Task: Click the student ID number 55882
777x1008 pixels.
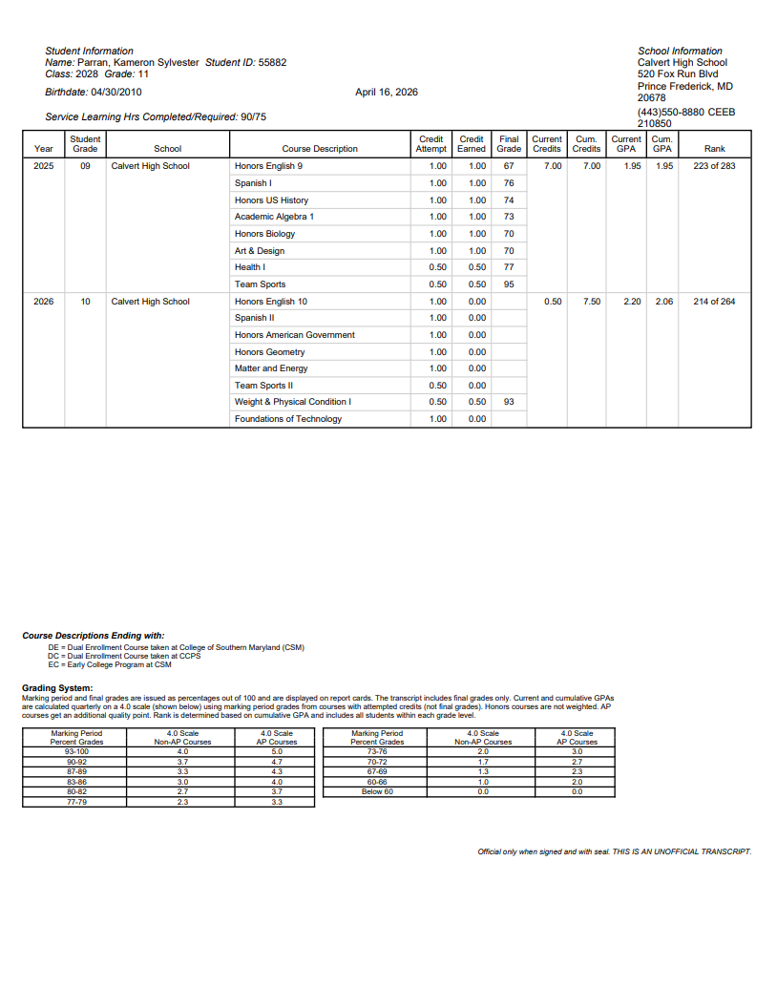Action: click(x=272, y=62)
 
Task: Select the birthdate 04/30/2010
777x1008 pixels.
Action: click(x=115, y=93)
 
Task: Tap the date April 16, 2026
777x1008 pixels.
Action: click(x=386, y=93)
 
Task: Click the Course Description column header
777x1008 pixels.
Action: click(x=320, y=149)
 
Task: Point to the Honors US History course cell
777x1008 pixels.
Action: click(x=271, y=200)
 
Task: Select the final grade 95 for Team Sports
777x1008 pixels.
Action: click(x=509, y=284)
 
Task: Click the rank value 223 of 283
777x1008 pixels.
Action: click(x=714, y=166)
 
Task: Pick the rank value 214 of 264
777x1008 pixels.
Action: click(x=714, y=302)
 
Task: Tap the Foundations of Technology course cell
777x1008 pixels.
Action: click(x=288, y=419)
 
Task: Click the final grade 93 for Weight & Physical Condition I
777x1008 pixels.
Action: click(x=509, y=402)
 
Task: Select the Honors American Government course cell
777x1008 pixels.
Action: click(x=294, y=335)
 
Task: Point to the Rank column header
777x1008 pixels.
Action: click(x=714, y=149)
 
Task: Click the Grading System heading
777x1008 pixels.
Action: click(x=57, y=688)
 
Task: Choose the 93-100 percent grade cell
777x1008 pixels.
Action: click(x=76, y=751)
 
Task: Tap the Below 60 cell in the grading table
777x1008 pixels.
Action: click(x=377, y=790)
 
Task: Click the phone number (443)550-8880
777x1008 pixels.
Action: click(x=670, y=112)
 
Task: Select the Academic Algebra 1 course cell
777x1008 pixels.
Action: click(x=274, y=217)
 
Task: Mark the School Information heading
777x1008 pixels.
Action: click(x=680, y=51)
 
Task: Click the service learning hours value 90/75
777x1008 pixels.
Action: click(x=254, y=116)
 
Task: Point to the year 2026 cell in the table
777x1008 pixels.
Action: click(x=44, y=302)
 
